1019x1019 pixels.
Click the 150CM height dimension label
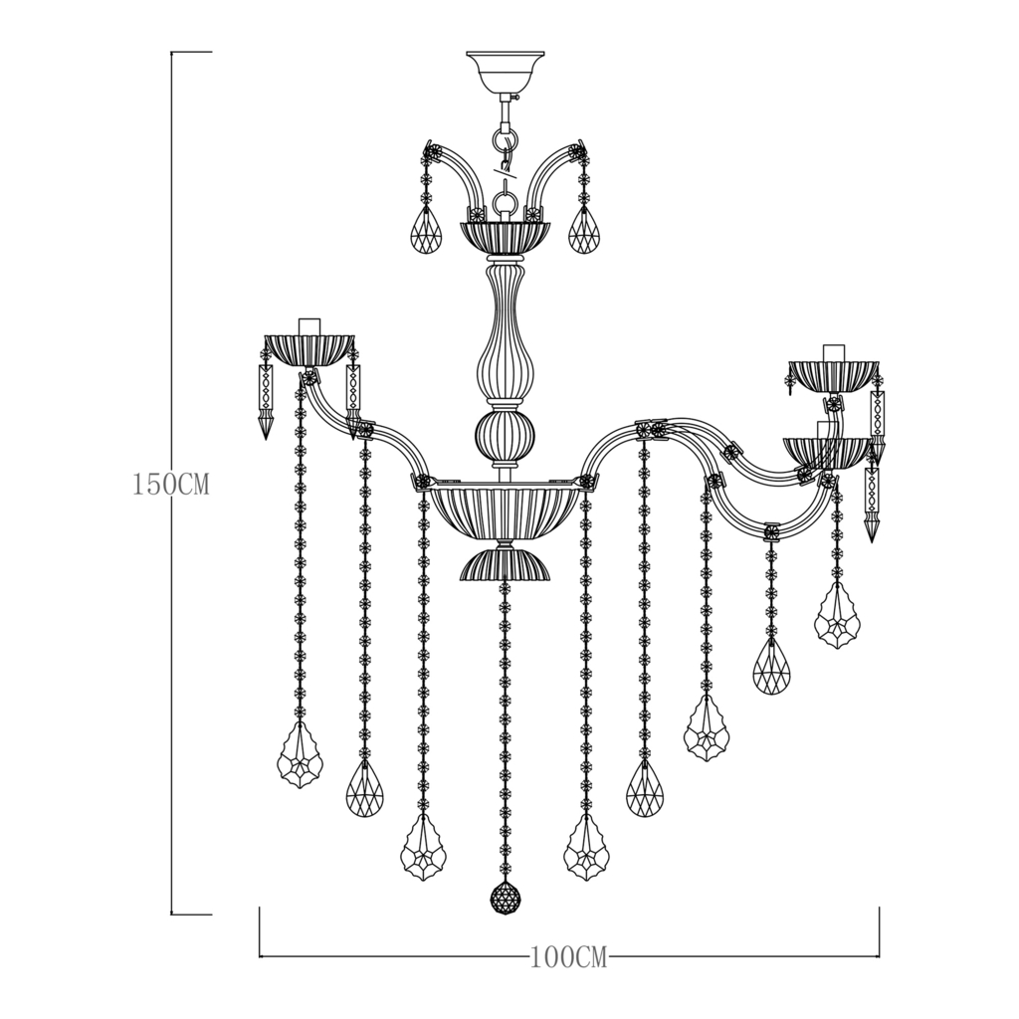[x=170, y=486]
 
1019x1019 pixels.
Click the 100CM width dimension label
[x=567, y=958]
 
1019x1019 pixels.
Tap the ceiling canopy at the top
[x=506, y=71]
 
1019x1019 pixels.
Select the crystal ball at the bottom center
[x=506, y=898]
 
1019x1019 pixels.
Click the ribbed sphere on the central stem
[x=506, y=434]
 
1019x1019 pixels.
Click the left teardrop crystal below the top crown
[x=427, y=232]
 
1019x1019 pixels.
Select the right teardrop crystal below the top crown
[x=584, y=232]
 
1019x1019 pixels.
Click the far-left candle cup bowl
[x=309, y=349]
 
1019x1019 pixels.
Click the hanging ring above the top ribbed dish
[x=506, y=205]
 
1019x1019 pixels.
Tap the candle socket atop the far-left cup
[x=309, y=325]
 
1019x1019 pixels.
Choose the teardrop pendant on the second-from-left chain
[x=364, y=790]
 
